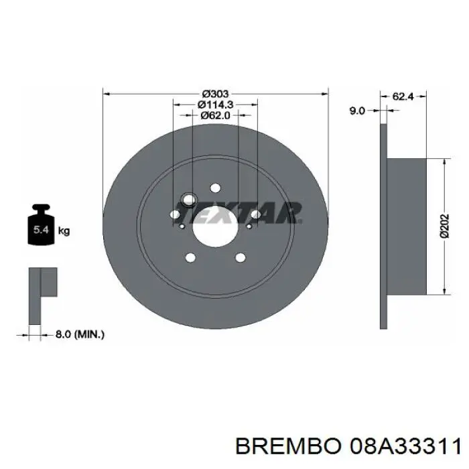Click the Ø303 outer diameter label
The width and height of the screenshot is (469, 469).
[x=216, y=93]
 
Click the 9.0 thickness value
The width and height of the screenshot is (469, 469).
[x=357, y=111]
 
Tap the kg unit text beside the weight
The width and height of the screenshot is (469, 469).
[x=64, y=231]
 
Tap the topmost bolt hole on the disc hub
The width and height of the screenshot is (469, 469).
[x=215, y=188]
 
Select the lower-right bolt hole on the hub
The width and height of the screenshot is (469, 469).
[x=240, y=258]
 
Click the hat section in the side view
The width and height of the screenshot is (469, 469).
[x=406, y=226]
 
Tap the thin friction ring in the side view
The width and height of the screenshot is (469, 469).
[x=383, y=226]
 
